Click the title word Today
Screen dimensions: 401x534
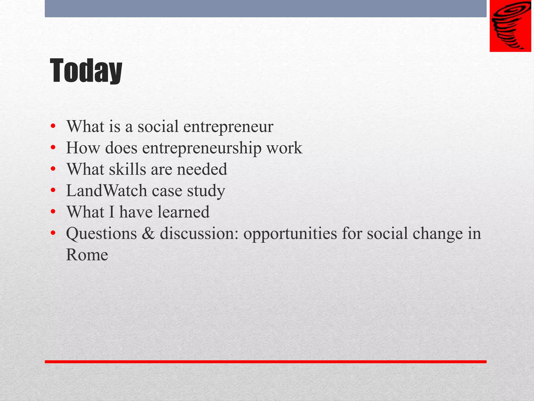86,71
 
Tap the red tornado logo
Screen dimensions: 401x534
510,26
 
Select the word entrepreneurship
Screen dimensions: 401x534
202,148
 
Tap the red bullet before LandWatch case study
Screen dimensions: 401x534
53,191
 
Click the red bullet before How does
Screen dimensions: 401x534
53,148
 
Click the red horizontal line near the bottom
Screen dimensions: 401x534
265,362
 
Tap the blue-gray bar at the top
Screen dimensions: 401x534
265,8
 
